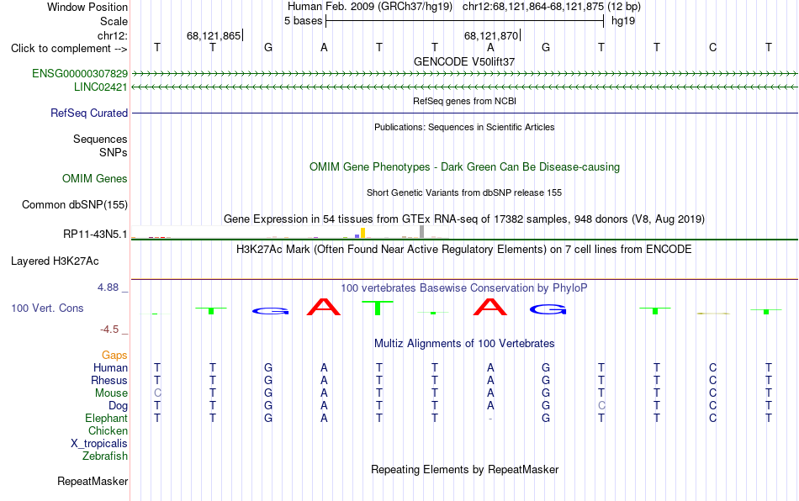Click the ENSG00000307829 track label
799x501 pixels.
click(x=80, y=73)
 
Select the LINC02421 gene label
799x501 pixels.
click(x=100, y=87)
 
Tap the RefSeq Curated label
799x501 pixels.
click(x=89, y=113)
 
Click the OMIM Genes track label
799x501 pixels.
click(x=95, y=179)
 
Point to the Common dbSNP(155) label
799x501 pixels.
click(x=74, y=204)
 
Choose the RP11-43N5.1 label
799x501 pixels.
click(x=95, y=235)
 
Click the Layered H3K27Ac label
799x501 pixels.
click(x=55, y=261)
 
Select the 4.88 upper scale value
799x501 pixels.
click(x=108, y=287)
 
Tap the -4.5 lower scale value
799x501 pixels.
click(x=109, y=330)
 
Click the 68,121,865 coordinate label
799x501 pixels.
click(x=214, y=35)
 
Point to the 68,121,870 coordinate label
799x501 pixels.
click(x=491, y=35)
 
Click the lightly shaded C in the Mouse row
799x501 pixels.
click(x=157, y=393)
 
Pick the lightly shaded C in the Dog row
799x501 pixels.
click(x=602, y=406)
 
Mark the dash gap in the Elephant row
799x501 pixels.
click(x=490, y=419)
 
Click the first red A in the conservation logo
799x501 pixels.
click(x=324, y=307)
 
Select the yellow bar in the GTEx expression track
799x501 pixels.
click(x=362, y=233)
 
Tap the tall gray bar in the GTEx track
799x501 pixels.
click(x=422, y=232)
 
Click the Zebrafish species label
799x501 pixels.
click(x=105, y=456)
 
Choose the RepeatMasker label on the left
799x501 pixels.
click(x=93, y=481)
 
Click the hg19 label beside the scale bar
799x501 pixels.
click(x=623, y=21)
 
